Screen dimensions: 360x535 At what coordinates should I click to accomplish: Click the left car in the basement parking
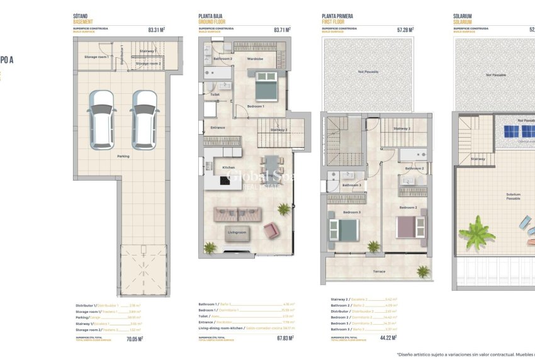click(101, 120)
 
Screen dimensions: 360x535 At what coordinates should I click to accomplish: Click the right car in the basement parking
click(144, 120)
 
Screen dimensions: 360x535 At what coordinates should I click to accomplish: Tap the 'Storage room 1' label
click(96, 57)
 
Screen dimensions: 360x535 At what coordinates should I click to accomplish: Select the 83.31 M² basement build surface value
click(156, 29)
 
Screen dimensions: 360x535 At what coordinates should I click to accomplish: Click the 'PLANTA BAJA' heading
click(210, 16)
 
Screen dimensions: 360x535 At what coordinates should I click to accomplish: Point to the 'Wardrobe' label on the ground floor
click(255, 59)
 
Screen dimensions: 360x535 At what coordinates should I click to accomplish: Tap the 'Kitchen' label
click(228, 167)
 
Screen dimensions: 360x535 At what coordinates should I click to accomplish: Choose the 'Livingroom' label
click(237, 232)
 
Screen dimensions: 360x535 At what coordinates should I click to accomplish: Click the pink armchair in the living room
click(271, 230)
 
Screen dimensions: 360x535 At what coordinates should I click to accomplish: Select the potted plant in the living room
click(284, 208)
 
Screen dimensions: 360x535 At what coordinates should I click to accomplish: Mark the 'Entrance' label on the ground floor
click(218, 128)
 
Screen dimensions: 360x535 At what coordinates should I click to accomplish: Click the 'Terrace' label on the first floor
click(379, 271)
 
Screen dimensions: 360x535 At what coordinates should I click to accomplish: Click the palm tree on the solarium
click(476, 233)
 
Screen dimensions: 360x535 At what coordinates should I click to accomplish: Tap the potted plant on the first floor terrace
click(422, 271)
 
